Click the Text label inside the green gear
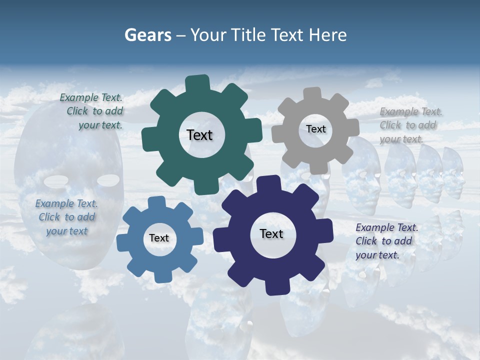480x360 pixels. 199,135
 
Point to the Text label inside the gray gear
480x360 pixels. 315,129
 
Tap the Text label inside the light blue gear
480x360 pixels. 159,238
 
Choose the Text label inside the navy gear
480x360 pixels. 271,233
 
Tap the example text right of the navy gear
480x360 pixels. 386,241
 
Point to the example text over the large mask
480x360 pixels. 66,217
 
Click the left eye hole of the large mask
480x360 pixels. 56,180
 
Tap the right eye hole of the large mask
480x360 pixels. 108,179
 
